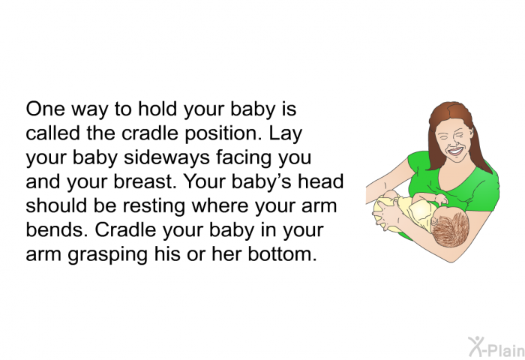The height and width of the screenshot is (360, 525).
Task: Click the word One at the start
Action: click(45, 109)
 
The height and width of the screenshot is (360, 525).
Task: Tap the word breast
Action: click(145, 181)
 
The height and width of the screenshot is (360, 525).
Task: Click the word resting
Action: click(154, 206)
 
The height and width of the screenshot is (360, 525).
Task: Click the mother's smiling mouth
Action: click(456, 151)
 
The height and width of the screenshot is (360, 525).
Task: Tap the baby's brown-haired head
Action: click(449, 229)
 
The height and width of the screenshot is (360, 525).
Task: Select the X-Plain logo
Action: click(496, 347)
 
